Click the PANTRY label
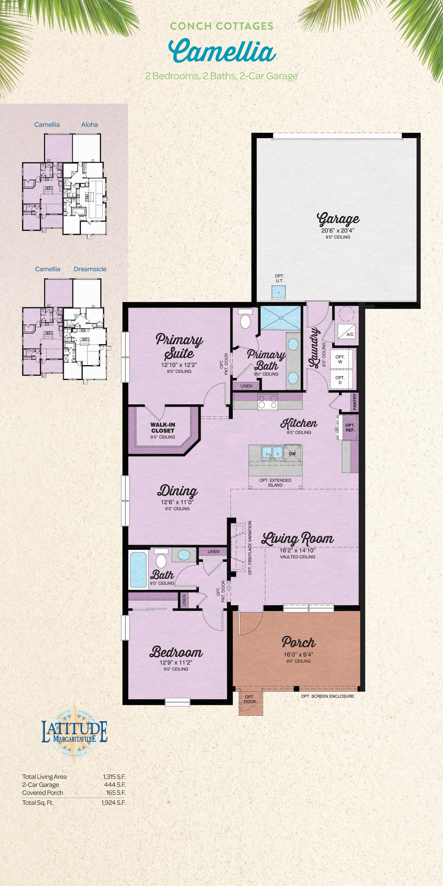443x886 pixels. click(x=355, y=402)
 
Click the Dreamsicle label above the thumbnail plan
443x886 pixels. click(x=90, y=269)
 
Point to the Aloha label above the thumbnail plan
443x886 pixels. click(x=89, y=124)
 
